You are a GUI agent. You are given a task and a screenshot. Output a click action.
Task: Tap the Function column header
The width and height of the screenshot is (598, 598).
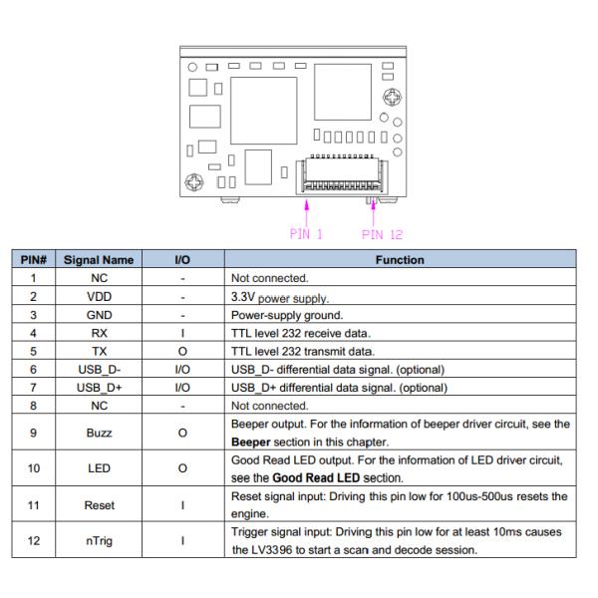point(399,260)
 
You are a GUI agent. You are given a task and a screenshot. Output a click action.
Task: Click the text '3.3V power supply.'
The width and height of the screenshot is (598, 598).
point(284,297)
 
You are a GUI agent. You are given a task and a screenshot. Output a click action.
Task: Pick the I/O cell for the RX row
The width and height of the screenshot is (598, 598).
point(182,332)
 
